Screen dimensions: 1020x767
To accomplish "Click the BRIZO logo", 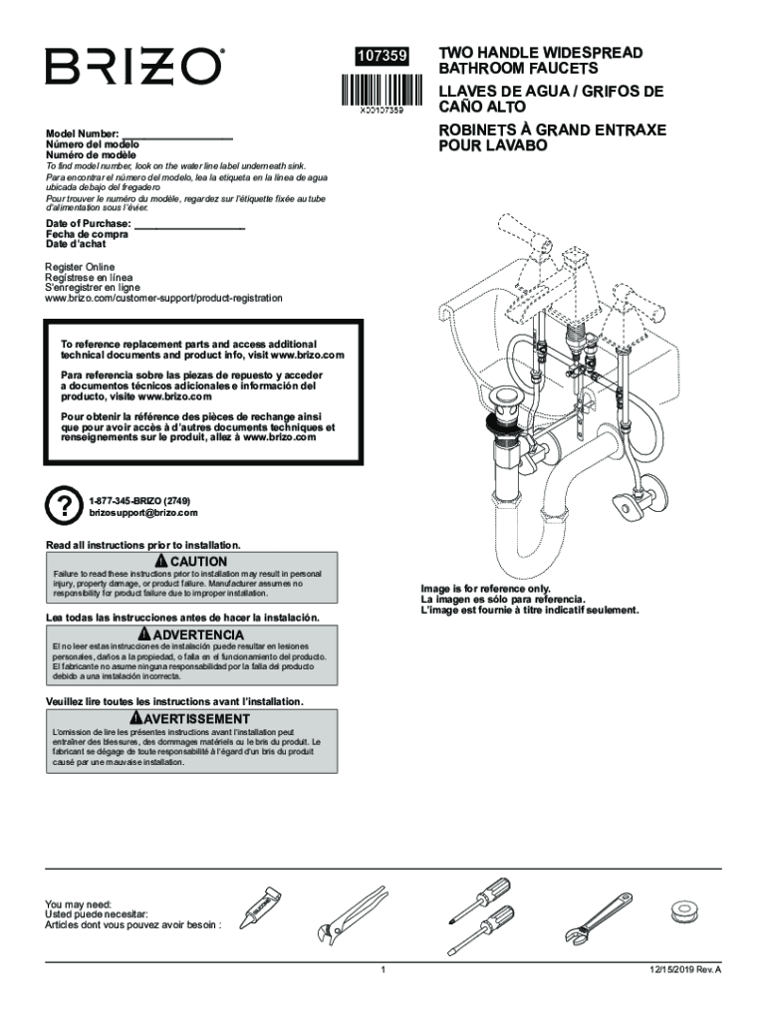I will [133, 67].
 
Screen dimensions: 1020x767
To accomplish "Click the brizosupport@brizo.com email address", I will [142, 513].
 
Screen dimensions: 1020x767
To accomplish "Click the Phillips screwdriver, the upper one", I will [479, 896].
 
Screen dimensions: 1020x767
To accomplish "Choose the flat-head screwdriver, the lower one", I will [481, 926].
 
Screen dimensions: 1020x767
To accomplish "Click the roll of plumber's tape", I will [683, 910].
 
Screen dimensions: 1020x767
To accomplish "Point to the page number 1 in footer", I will [383, 969].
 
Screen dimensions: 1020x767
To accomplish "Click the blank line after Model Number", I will [176, 132].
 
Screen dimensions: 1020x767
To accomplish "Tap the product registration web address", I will [163, 298].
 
